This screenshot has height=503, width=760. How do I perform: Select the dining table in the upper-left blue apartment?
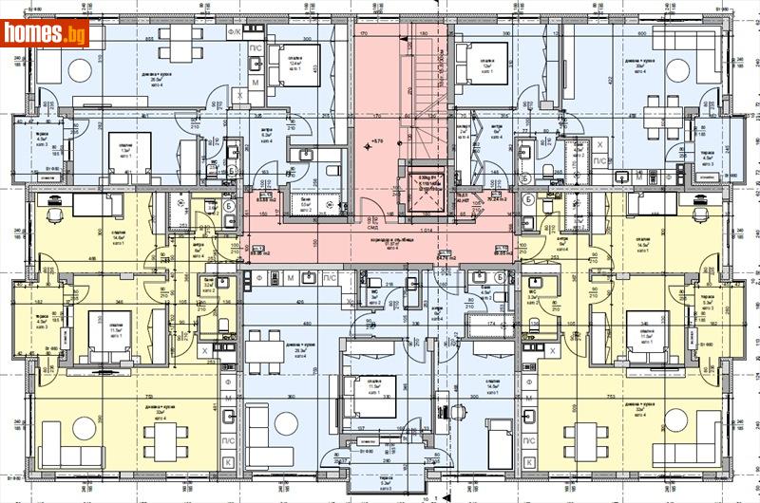pos(177,44)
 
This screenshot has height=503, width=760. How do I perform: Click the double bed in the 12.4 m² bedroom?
pos(297,65)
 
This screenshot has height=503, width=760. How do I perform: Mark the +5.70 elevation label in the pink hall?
pos(377,140)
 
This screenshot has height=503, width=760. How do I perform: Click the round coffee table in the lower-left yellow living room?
pos(84,425)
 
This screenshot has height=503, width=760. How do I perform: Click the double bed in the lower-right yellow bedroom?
pos(649,327)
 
